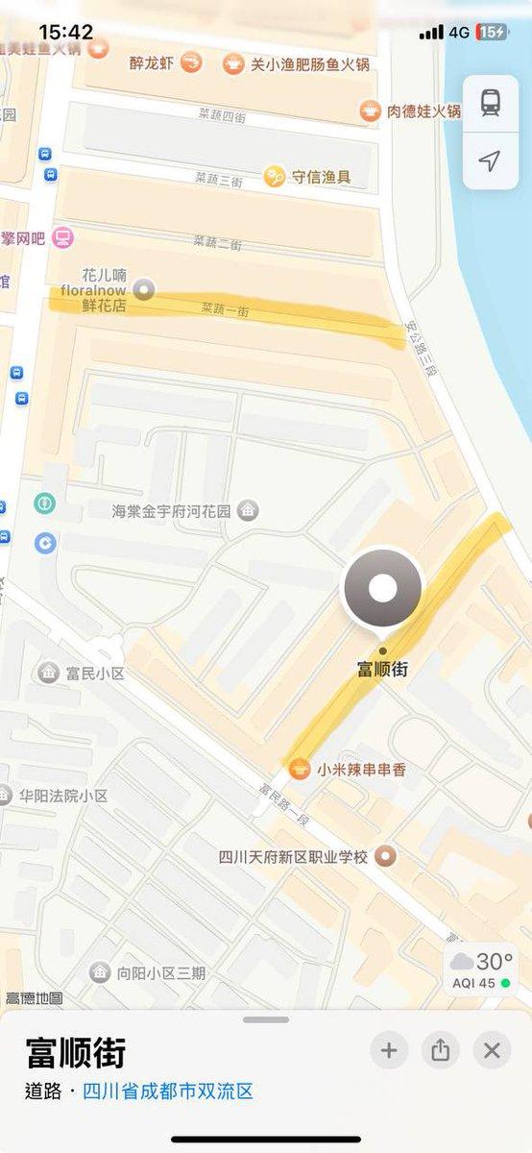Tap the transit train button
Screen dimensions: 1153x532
(x=491, y=102)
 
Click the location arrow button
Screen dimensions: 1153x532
(x=491, y=160)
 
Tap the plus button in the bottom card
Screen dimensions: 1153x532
(x=389, y=1050)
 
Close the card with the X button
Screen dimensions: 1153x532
(x=492, y=1050)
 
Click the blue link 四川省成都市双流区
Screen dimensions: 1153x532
(x=168, y=1092)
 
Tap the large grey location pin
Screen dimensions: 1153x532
(x=382, y=588)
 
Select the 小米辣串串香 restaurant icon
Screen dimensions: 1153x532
(x=301, y=769)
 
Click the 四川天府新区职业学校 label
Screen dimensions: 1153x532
(x=293, y=856)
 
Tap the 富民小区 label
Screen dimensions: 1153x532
(x=95, y=673)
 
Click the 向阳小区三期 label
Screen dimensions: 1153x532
(x=160, y=973)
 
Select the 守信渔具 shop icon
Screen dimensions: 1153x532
(x=276, y=176)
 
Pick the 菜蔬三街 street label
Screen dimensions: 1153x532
(x=218, y=179)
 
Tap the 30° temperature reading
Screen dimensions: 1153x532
(x=494, y=961)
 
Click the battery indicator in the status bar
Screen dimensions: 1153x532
(x=493, y=33)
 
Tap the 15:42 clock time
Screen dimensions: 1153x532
(x=66, y=33)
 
